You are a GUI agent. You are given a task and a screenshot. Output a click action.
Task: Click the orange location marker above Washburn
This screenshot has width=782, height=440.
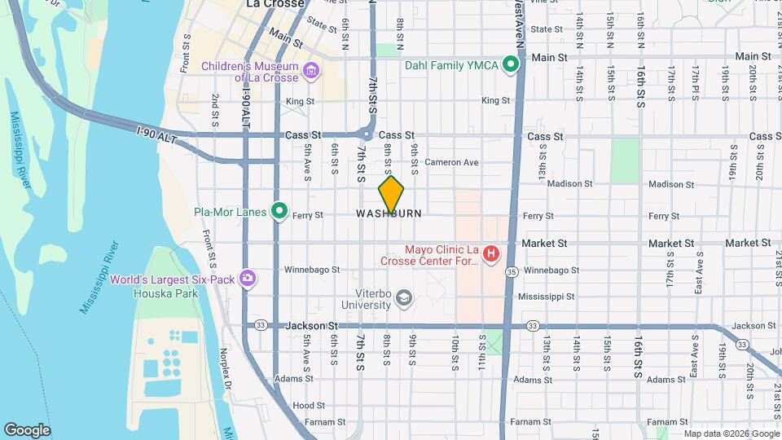pyautogui.click(x=391, y=196)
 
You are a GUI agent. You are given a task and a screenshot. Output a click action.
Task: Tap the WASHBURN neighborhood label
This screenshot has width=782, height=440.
pyautogui.click(x=389, y=213)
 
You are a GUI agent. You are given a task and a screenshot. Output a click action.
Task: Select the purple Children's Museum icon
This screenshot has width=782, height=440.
pyautogui.click(x=310, y=71)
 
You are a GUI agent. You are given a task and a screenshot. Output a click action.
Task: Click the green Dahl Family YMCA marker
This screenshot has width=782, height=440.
pyautogui.click(x=512, y=64)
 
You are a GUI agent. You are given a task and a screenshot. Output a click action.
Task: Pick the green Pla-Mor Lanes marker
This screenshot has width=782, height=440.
pyautogui.click(x=279, y=212)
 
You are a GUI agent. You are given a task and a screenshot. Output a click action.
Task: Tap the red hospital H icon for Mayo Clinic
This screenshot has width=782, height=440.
pyautogui.click(x=491, y=255)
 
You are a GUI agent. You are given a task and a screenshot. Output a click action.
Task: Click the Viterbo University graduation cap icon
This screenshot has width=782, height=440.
pyautogui.click(x=403, y=299)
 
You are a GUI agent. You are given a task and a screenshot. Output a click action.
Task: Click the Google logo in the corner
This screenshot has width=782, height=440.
pyautogui.click(x=27, y=429)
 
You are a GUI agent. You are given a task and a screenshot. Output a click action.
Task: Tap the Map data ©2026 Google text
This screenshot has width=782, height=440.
pyautogui.click(x=731, y=433)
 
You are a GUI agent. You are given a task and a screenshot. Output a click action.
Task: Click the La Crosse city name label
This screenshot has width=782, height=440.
pyautogui.click(x=275, y=4)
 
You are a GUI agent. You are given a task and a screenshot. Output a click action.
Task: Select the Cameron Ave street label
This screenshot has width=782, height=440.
pyautogui.click(x=450, y=162)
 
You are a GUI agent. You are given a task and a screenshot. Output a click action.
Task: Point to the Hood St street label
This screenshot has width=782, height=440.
pyautogui.click(x=309, y=405)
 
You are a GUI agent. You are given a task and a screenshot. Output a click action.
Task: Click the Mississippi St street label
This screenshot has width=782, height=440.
pyautogui.click(x=546, y=297)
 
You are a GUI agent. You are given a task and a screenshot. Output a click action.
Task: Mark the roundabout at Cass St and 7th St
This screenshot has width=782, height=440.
pyautogui.click(x=367, y=134)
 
